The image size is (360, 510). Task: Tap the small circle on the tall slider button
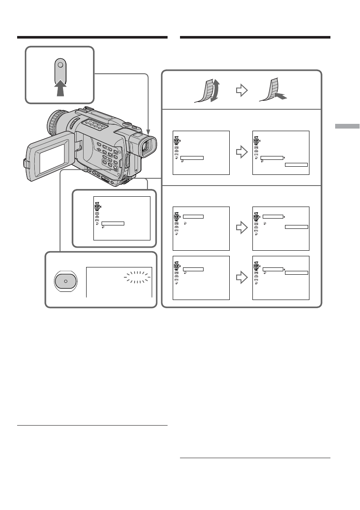(x=60, y=65)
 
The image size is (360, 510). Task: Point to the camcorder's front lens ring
(x=54, y=122)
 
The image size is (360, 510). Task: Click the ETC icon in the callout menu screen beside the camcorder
(x=97, y=220)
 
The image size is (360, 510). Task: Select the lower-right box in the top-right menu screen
(x=297, y=164)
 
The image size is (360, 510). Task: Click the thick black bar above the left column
(x=92, y=37)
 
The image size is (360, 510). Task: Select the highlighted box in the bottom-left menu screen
(x=193, y=269)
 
